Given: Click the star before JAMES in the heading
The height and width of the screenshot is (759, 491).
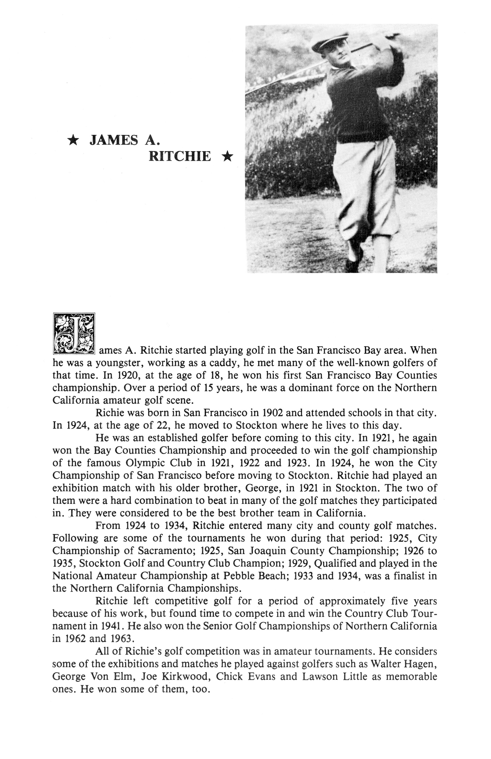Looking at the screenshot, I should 74,140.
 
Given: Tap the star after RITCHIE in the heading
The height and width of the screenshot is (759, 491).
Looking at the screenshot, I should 227,157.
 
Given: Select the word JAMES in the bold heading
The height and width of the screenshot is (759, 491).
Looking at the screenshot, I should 114,140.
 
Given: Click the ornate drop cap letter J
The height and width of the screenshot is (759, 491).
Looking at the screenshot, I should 74,334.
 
